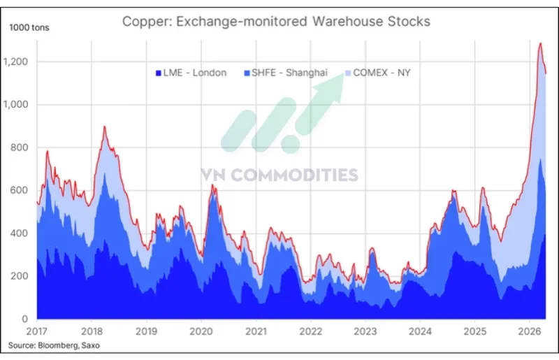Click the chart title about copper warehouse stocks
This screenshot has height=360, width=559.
click(x=276, y=21)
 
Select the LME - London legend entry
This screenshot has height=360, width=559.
click(x=190, y=73)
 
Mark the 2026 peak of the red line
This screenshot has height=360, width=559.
click(x=539, y=44)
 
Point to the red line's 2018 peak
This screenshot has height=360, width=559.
click(x=104, y=127)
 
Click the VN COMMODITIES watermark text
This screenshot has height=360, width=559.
click(x=279, y=175)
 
